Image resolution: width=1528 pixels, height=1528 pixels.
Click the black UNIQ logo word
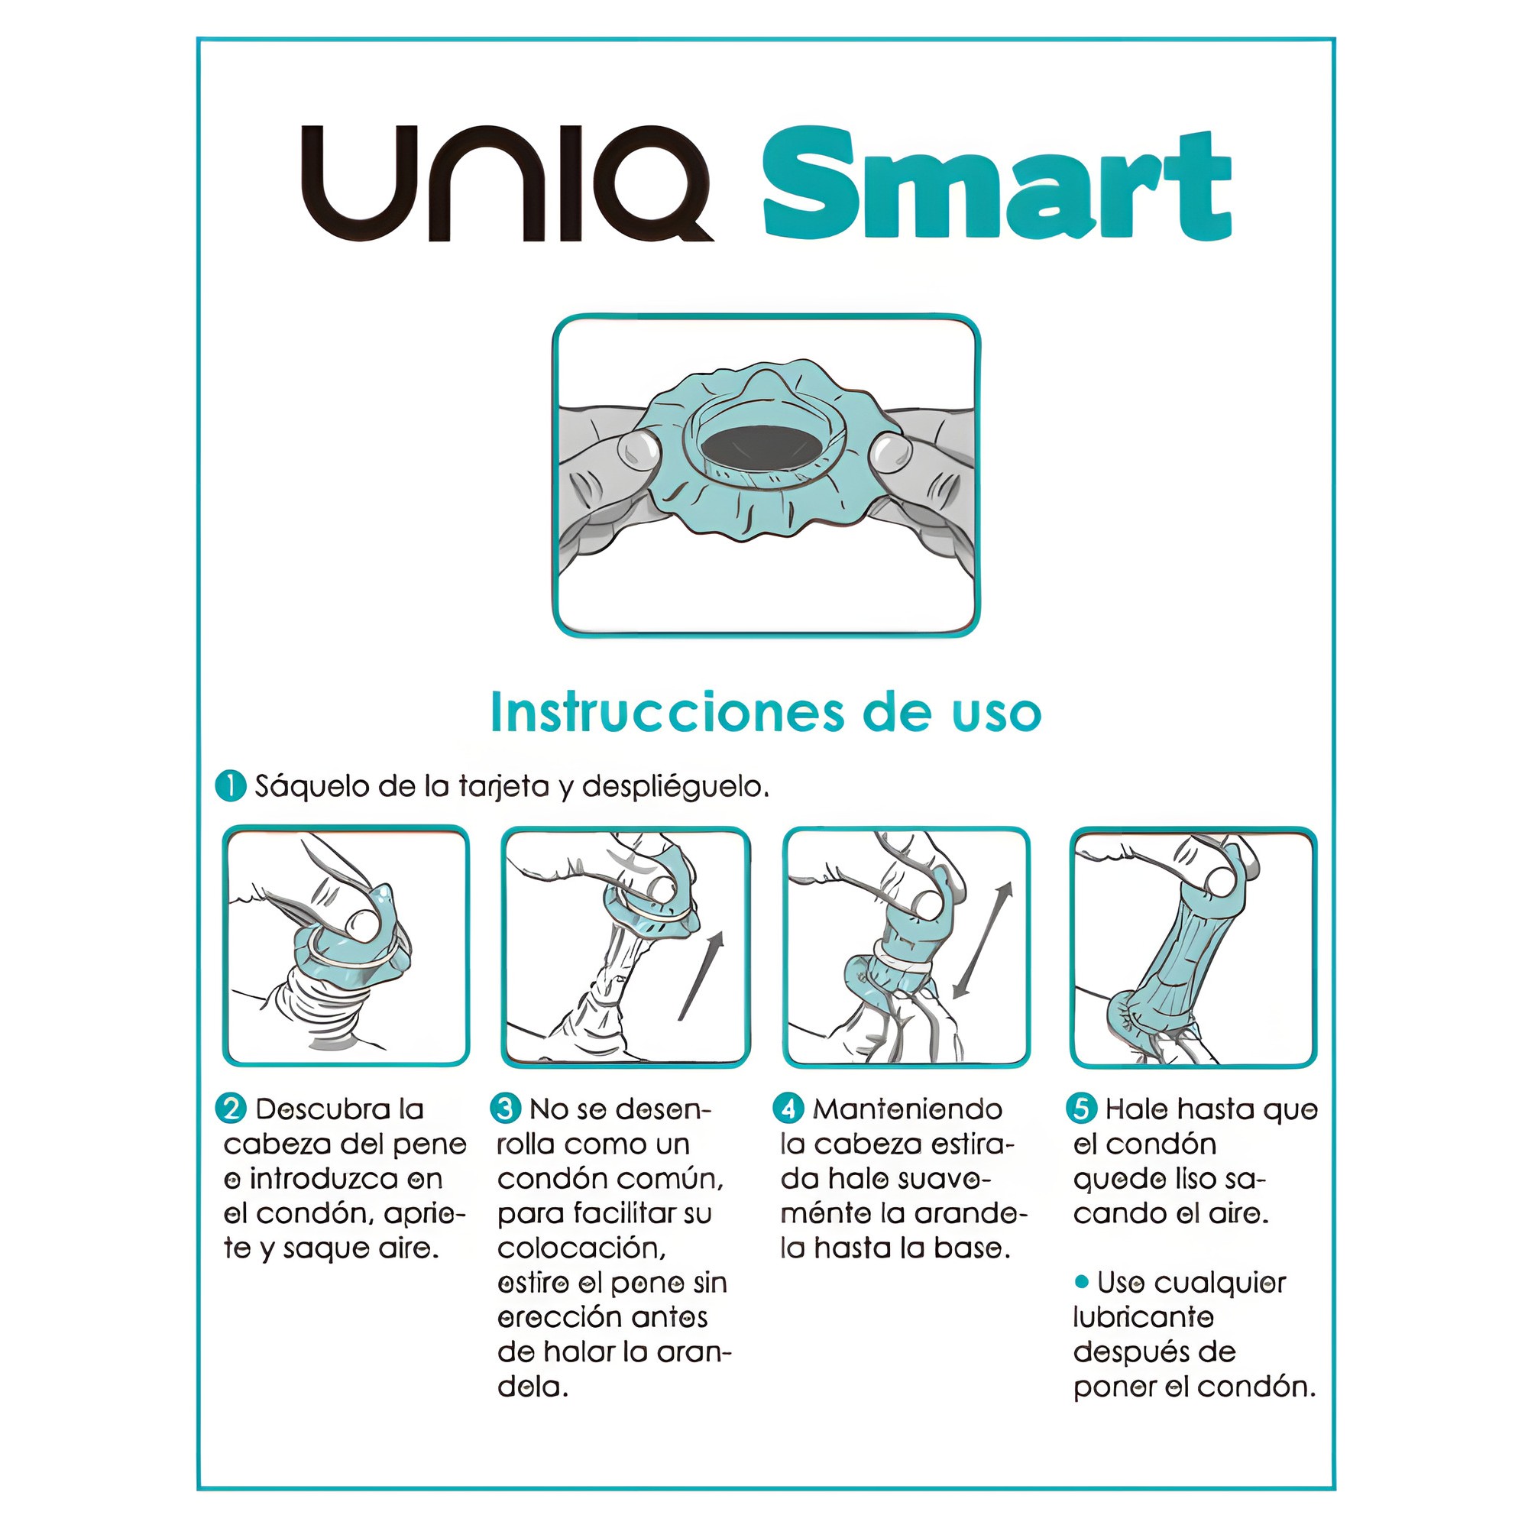(x=507, y=183)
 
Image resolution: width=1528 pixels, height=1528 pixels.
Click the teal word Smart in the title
(x=996, y=183)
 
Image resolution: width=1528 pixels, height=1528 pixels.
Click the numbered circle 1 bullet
(x=231, y=786)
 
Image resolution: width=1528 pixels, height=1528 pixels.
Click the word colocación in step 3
(x=581, y=1248)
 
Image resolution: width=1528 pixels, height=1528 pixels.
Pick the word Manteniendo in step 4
(x=908, y=1109)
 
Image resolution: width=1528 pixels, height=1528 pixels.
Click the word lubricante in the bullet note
(x=1144, y=1318)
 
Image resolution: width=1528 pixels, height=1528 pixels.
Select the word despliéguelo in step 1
(x=675, y=788)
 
